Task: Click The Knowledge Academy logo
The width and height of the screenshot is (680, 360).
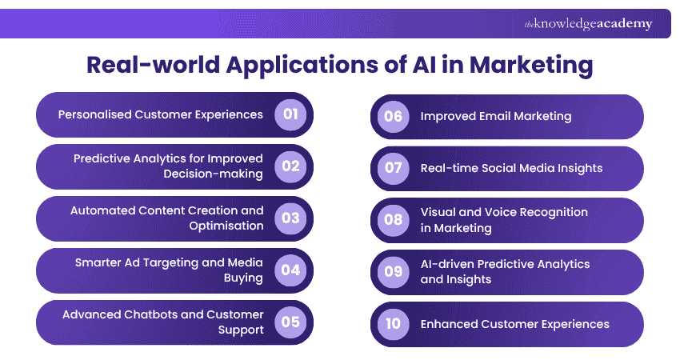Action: coord(588,24)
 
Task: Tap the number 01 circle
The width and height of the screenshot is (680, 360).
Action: coord(290,114)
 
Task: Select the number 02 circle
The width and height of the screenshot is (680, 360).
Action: coord(290,166)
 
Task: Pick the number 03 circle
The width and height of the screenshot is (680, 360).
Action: coord(290,218)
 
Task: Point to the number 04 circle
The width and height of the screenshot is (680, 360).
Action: coord(290,270)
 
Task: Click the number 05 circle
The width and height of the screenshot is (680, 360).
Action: coord(290,322)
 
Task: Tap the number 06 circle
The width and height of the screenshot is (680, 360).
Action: coord(393,116)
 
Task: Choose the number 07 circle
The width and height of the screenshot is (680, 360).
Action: coord(393,168)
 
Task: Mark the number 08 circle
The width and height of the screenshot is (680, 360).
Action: coord(393,220)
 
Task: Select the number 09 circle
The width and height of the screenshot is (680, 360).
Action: coord(393,272)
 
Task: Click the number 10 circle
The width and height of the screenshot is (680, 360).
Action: coord(393,324)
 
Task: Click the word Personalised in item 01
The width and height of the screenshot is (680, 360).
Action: coord(94,114)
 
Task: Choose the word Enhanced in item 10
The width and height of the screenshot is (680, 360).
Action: coord(449,324)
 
